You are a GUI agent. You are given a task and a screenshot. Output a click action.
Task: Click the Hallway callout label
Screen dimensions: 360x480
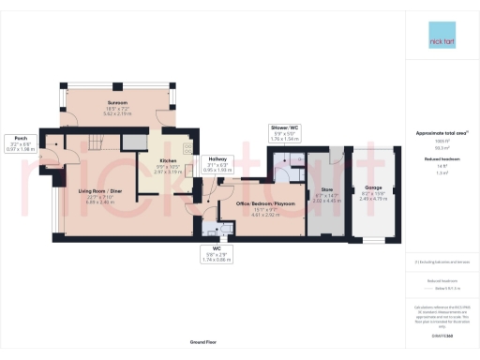[217, 162]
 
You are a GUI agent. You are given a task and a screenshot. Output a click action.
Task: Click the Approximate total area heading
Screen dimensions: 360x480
[441, 134]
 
